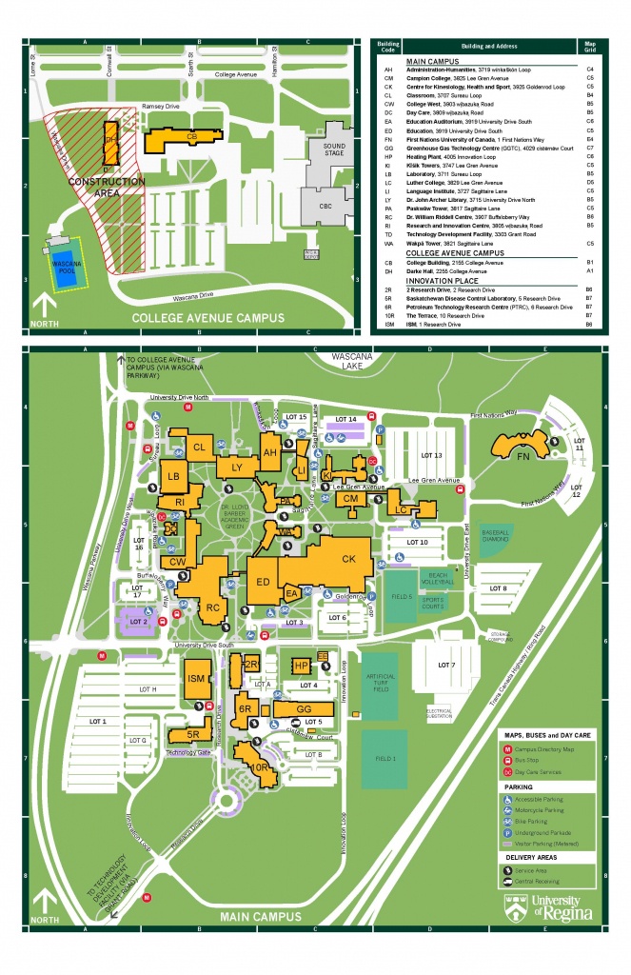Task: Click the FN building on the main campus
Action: pyautogui.click(x=522, y=456)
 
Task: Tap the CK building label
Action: pyautogui.click(x=348, y=558)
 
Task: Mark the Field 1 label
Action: pyautogui.click(x=385, y=758)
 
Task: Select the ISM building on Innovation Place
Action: pyautogui.click(x=197, y=678)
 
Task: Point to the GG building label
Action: pyautogui.click(x=305, y=709)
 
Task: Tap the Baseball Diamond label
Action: pyautogui.click(x=496, y=537)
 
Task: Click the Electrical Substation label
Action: pyautogui.click(x=439, y=712)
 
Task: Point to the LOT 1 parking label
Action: pyautogui.click(x=97, y=722)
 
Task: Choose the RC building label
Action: pyautogui.click(x=213, y=607)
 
